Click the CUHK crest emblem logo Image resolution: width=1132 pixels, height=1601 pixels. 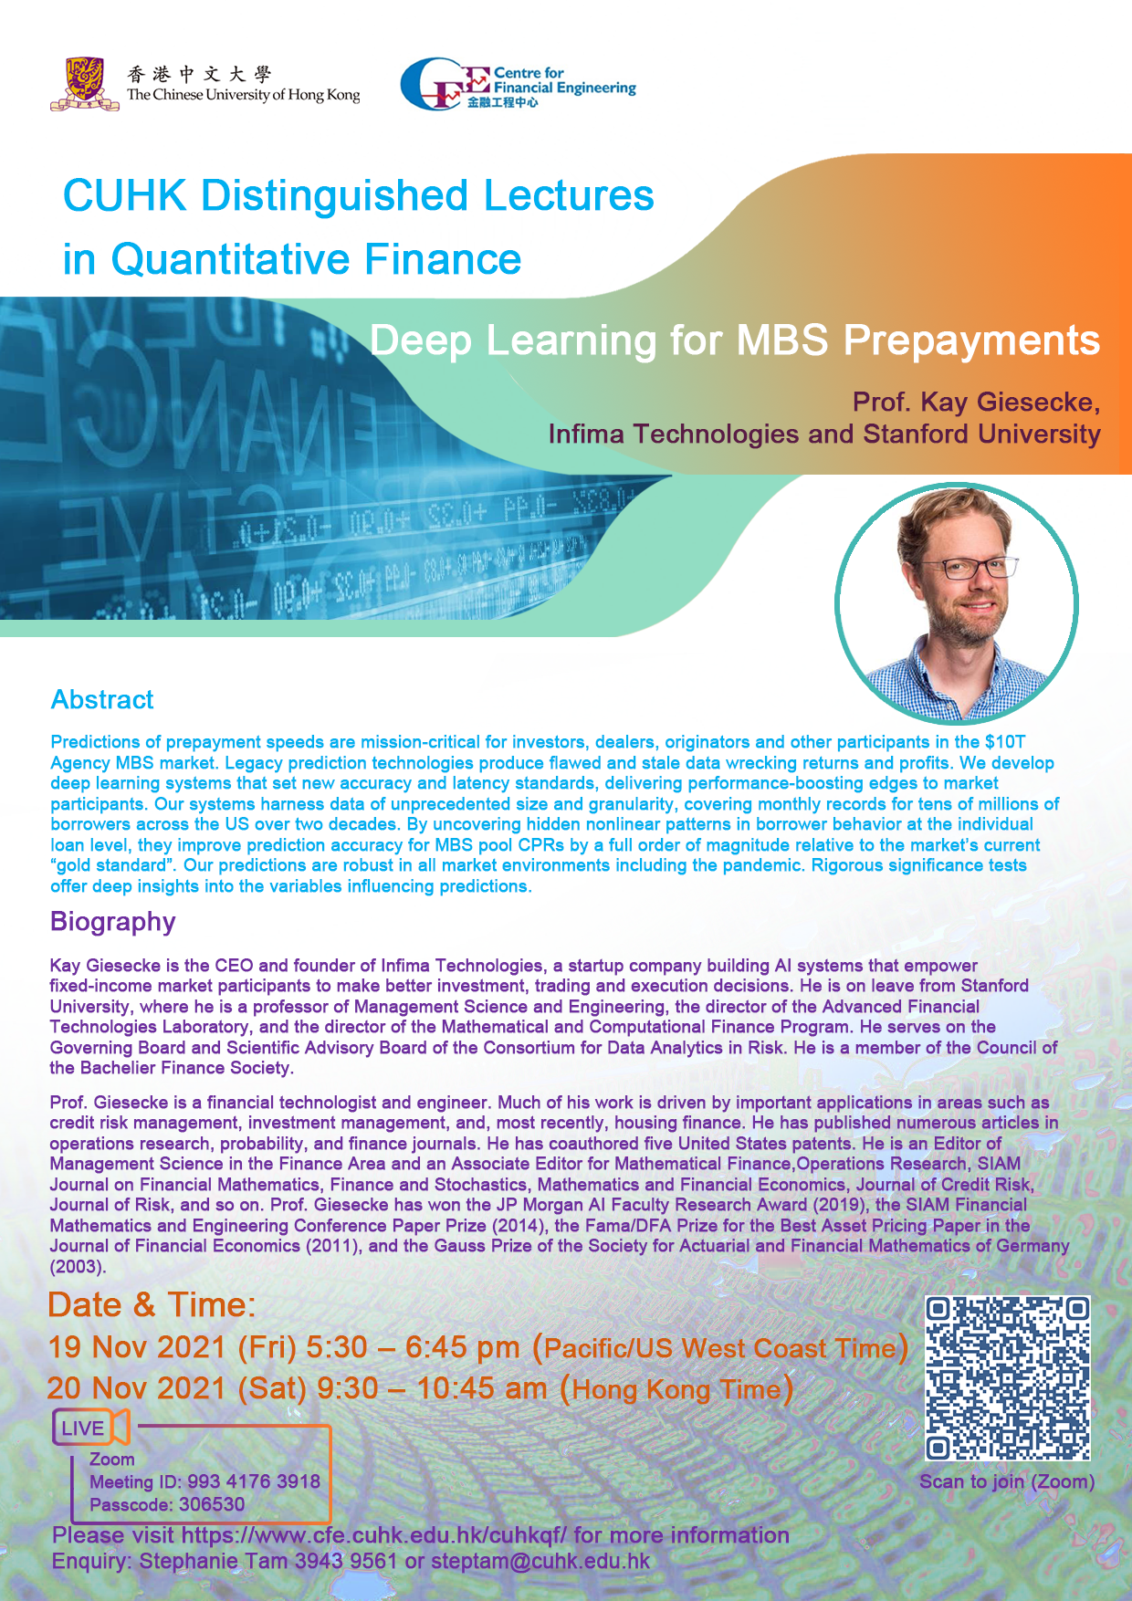[85, 84]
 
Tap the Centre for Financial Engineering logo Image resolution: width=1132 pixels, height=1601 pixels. [518, 85]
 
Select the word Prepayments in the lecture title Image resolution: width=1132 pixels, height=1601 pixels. [971, 340]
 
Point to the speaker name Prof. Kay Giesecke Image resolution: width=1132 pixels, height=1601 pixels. [976, 402]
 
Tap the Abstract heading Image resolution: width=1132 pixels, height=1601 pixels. [102, 700]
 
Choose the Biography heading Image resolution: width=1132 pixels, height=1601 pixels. [112, 922]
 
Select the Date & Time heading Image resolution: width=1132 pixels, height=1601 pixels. [152, 1305]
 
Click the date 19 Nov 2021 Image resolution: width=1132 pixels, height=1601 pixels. [137, 1347]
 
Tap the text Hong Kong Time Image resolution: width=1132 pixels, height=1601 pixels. [676, 1390]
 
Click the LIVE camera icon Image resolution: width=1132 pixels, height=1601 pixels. [91, 1428]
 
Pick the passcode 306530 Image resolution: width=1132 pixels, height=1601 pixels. [212, 1504]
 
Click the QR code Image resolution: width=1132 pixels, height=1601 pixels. [1008, 1378]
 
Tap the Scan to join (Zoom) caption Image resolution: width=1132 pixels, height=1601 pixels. [1007, 1481]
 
